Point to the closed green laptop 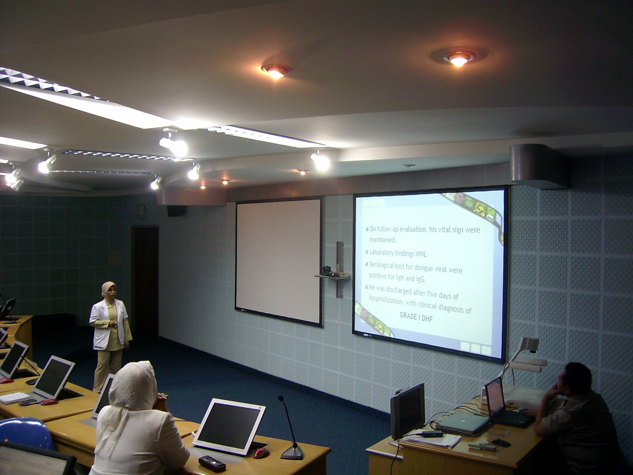pos(464,422)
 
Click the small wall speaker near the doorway pos(176,211)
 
